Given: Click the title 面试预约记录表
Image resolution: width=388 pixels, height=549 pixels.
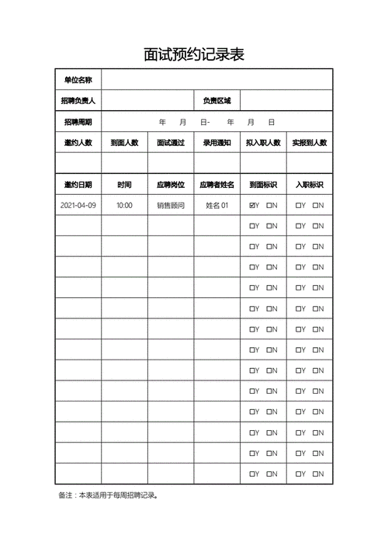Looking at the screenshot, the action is [194, 54].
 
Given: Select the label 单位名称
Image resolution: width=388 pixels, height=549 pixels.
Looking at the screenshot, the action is [78, 80].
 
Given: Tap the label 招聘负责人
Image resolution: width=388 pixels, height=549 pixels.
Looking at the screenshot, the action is [78, 100].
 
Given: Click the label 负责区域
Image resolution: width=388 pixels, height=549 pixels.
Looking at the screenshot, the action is [217, 100].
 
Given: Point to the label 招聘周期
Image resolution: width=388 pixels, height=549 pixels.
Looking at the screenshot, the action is [78, 122].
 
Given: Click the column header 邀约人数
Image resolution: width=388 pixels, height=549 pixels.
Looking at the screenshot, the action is [78, 143].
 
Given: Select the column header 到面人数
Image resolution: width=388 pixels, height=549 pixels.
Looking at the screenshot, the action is [124, 143].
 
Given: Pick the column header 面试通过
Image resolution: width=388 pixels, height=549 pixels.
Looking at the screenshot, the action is [171, 143].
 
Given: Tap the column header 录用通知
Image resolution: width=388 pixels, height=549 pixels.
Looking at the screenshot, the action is [217, 143].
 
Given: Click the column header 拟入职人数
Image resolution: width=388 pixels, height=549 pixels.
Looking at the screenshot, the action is [263, 143].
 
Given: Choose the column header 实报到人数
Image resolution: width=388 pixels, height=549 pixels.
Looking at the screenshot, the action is [310, 143].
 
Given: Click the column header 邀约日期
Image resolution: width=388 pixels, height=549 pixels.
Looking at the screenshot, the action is [78, 185].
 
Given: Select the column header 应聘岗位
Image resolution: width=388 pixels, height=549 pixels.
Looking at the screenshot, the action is [171, 185].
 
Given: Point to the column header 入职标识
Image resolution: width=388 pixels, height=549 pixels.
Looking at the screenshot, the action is [310, 185].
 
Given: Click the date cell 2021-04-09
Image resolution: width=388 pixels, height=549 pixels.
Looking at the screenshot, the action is [78, 206].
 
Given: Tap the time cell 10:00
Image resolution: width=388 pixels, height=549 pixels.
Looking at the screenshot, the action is [124, 206].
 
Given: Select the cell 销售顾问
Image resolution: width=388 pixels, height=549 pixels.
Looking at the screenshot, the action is [171, 206].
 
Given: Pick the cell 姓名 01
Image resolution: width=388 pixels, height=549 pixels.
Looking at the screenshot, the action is [217, 206].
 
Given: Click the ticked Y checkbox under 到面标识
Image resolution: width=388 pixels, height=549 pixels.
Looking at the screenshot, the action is [252, 206].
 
